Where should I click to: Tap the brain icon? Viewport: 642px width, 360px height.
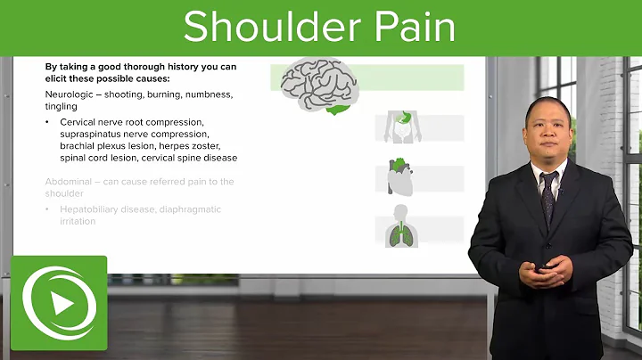tap(317, 84)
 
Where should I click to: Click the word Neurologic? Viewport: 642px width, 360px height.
tap(73, 94)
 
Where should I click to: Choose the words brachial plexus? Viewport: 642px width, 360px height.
tap(94, 145)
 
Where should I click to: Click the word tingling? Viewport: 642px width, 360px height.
tap(61, 105)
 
